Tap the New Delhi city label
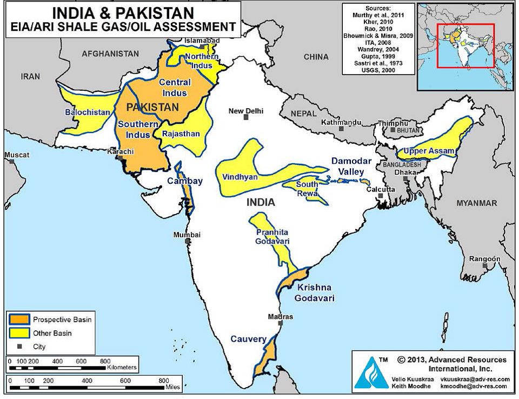pos(246,111)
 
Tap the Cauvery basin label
pos(249,340)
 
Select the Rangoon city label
pos(484,259)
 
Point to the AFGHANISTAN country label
pos(110,54)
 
